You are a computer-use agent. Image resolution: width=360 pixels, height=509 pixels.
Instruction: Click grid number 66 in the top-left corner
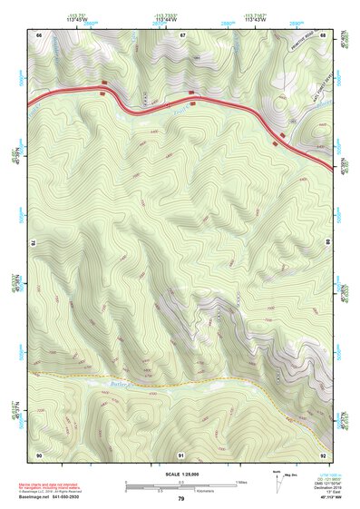pos(39,34)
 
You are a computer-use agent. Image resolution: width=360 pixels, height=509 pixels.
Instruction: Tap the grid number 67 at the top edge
pos(182,34)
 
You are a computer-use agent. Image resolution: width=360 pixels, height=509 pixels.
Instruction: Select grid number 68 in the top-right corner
pos(324,34)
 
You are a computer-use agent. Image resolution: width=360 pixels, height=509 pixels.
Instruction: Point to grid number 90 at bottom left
pos(39,454)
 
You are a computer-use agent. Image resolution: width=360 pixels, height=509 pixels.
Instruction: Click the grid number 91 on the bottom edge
pos(181,454)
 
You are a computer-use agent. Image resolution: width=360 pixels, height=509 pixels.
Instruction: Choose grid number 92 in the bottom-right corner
pos(324,454)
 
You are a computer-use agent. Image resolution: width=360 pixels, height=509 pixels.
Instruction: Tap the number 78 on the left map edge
pos(34,243)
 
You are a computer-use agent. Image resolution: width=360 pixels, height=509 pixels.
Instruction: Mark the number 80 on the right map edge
pos(327,243)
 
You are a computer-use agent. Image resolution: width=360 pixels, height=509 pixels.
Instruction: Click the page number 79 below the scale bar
pos(181,498)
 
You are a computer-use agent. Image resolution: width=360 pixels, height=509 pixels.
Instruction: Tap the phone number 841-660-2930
pos(90,496)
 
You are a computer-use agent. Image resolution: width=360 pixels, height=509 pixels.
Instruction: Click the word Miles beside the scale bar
pos(240,482)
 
